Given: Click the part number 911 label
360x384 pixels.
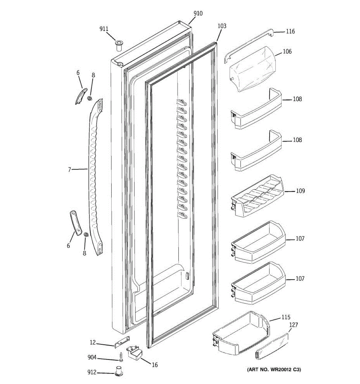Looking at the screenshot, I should point(104,29).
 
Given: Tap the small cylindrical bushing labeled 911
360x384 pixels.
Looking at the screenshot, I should point(119,45).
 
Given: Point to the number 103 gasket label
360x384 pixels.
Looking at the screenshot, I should point(222,26).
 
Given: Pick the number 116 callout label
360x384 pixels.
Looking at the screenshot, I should point(290,31).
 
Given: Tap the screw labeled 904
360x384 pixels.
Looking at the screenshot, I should point(121,356).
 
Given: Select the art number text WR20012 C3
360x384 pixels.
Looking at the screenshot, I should point(274,370).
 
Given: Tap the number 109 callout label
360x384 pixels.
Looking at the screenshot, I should point(300,191).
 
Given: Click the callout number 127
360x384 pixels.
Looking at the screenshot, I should point(293,325).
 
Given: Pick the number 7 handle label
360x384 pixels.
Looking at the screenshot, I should point(69,170).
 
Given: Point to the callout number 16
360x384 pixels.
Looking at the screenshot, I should point(155,365).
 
